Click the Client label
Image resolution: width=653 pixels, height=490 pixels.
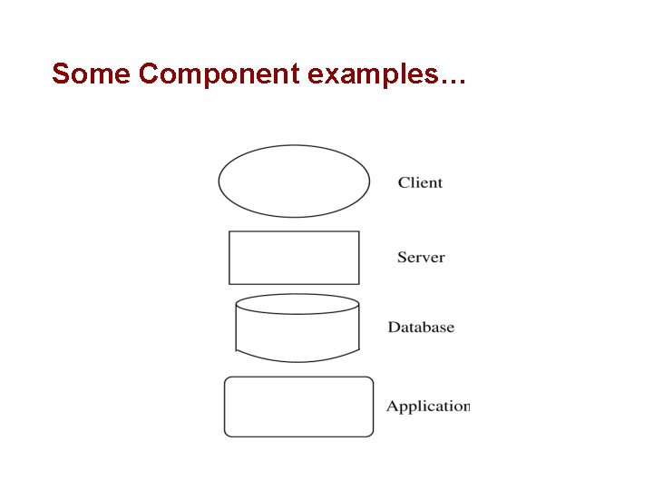(420, 182)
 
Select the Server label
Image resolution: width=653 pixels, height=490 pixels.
(421, 257)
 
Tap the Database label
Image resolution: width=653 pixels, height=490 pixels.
(421, 328)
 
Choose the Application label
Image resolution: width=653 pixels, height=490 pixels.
(428, 407)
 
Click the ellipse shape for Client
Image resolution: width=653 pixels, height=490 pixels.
(294, 181)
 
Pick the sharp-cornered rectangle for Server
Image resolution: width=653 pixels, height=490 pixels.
(294, 258)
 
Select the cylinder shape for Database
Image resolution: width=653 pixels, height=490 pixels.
(297, 331)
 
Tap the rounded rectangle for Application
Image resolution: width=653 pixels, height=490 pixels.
(298, 407)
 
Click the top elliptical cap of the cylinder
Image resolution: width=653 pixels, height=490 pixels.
(297, 304)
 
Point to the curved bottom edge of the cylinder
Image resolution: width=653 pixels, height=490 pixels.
(297, 360)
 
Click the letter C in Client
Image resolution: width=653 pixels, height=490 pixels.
(404, 182)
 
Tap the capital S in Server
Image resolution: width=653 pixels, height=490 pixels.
(402, 257)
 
